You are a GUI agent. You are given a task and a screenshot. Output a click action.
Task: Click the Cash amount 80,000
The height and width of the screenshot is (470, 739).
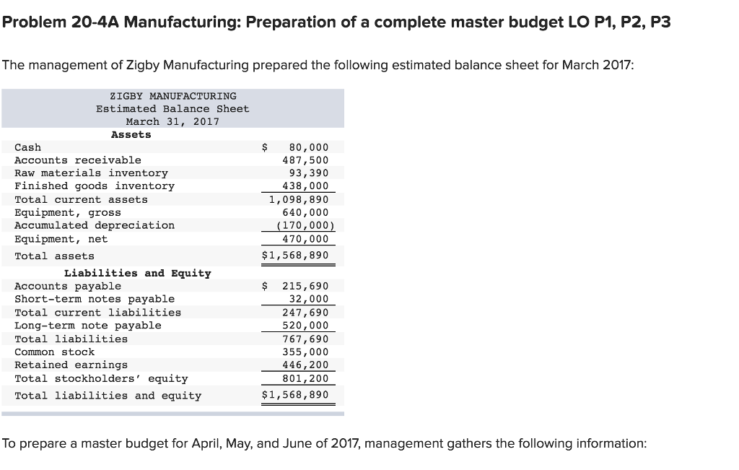(x=308, y=147)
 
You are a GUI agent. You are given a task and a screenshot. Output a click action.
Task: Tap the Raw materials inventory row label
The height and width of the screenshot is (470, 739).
(x=91, y=173)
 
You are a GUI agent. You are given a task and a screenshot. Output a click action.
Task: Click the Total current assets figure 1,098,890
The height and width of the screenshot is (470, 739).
(x=299, y=199)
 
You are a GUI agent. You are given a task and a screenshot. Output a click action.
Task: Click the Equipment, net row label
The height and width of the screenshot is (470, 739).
(x=61, y=239)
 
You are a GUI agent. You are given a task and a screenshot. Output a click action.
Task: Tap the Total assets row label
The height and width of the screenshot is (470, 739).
(x=54, y=256)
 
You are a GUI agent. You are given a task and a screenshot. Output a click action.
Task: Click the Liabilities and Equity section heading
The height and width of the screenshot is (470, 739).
(x=137, y=273)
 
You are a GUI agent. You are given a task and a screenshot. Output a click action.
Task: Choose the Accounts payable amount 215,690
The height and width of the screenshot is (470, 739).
(x=305, y=287)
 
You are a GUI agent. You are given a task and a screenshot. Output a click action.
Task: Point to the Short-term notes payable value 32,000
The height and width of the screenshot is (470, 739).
(x=308, y=300)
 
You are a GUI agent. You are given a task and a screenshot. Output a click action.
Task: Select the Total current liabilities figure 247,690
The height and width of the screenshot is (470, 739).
(x=305, y=313)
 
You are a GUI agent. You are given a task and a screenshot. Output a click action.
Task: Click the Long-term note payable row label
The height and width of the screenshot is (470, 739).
(x=88, y=326)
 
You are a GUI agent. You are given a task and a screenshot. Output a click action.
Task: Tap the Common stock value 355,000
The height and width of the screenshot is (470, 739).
(x=305, y=352)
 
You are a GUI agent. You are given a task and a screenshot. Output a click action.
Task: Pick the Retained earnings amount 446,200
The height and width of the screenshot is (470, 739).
(x=305, y=365)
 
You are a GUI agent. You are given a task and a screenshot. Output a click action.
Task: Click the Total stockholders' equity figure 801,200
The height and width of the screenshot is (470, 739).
(x=305, y=378)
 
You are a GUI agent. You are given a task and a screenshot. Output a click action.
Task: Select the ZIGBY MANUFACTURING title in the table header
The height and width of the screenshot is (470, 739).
(x=172, y=96)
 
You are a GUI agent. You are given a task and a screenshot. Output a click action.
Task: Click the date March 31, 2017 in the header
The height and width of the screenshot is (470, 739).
(x=172, y=122)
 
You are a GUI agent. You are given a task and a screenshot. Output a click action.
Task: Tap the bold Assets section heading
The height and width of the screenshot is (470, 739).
(x=131, y=134)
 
